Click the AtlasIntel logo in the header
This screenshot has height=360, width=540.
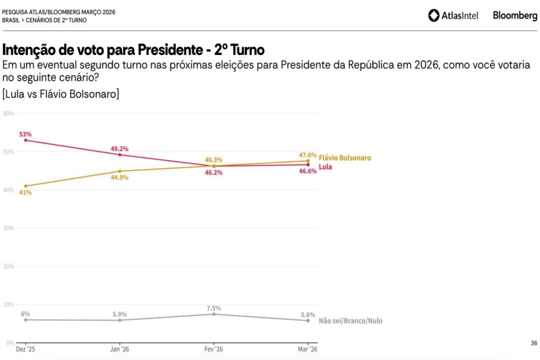pos(454,16)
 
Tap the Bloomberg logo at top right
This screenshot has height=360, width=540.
pos(515,16)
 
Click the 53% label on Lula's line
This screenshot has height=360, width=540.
pos(25,134)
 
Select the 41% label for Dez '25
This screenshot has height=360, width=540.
pos(25,192)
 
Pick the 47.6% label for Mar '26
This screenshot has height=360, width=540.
pos(308,155)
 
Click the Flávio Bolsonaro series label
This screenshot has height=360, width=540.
pos(345,158)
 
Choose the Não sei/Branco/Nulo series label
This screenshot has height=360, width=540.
pos(351,321)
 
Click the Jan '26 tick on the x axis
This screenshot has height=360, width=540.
pos(120,349)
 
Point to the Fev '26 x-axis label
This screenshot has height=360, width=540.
pos(214,349)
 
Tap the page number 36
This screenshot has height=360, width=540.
pos(534,344)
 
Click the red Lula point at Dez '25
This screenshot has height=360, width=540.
pos(26,140)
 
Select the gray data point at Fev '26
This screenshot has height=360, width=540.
pos(214,314)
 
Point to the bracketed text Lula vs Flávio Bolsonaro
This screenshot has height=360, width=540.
pos(61,94)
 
